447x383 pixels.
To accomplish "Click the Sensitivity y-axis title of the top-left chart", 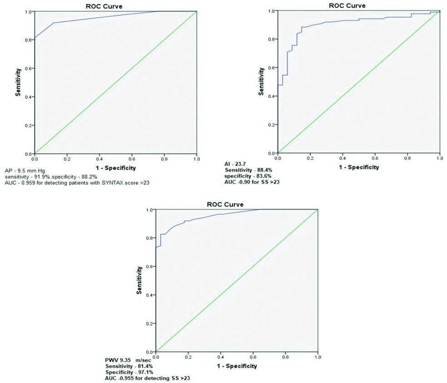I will pos(19,82).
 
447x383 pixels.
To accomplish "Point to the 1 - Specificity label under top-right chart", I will pos(359,167).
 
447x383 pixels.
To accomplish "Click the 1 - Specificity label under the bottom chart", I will pos(237,366).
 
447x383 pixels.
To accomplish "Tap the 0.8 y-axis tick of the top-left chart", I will pos(29,40).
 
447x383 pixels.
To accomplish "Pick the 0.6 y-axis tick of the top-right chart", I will pos(272,68).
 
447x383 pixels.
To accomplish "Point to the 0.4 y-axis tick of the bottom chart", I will pos(150,295).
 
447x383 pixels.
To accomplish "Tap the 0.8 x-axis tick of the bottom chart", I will pos(286,358).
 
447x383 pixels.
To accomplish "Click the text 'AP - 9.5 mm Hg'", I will pos(25,170).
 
